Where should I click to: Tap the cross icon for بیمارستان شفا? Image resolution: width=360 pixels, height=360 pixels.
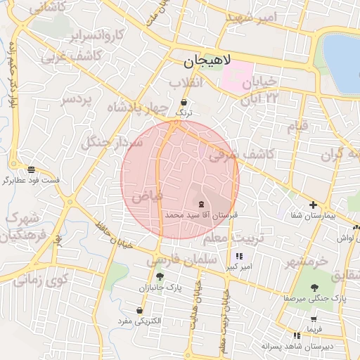[314, 204]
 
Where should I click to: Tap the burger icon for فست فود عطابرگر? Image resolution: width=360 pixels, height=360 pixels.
[31, 169]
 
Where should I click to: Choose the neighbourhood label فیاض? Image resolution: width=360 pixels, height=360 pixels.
[148, 193]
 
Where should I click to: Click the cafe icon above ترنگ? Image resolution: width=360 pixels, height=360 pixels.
[184, 102]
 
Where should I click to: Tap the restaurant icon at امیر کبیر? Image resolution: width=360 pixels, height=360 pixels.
[240, 257]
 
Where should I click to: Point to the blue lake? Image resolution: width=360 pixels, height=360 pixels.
[343, 63]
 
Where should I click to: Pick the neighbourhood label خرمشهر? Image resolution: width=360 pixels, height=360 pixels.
[307, 262]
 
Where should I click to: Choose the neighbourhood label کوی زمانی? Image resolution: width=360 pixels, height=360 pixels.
[41, 281]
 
